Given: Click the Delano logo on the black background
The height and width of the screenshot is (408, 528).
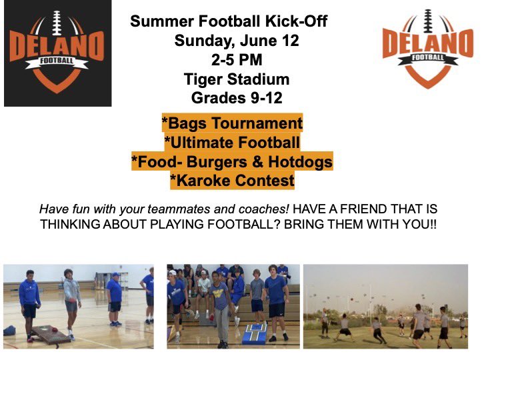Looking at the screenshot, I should point(57,53).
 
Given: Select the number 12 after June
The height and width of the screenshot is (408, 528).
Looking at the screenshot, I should point(289,41).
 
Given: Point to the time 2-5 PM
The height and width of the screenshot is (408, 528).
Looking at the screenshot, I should point(237,60).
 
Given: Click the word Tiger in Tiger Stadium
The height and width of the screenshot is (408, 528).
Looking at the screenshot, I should point(205,79).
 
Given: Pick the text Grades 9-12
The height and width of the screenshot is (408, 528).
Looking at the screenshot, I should point(237,99).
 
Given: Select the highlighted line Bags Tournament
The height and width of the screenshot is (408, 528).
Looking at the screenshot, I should point(232,123).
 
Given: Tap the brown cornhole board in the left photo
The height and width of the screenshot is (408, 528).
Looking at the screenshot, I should point(50,333).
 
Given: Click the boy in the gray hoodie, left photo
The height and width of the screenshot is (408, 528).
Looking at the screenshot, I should point(71,300).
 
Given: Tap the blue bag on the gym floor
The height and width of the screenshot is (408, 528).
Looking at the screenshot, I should point(9,330).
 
